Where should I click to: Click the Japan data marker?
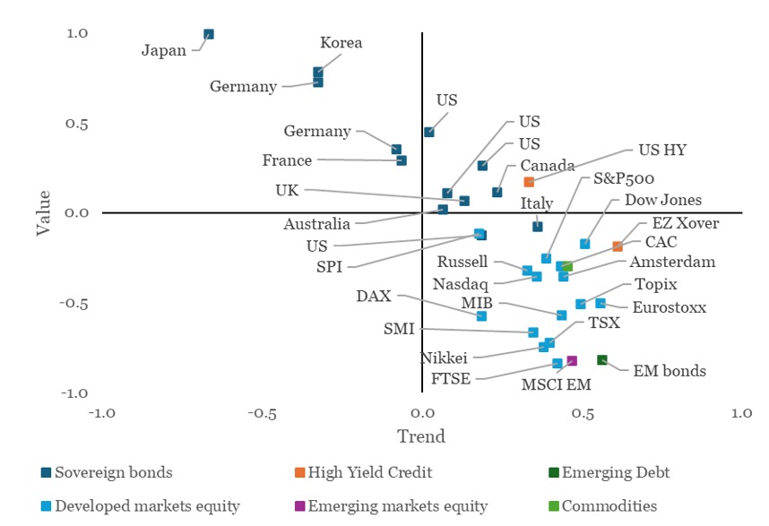click(x=209, y=35)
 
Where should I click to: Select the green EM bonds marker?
click(x=602, y=360)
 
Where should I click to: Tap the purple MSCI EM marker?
click(x=572, y=361)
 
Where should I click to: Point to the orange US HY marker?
click(x=529, y=182)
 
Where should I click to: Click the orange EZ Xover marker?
click(x=618, y=246)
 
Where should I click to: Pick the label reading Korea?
click(x=341, y=43)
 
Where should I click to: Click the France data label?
click(x=287, y=161)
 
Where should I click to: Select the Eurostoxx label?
click(x=669, y=307)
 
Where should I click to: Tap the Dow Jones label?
click(x=662, y=200)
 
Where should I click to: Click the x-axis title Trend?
click(x=421, y=437)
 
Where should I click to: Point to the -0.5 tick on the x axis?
click(x=261, y=414)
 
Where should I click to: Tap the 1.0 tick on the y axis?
click(x=76, y=33)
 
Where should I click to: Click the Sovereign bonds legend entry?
click(x=113, y=472)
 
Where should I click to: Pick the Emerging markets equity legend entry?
click(x=397, y=506)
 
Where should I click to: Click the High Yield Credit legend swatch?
click(x=299, y=472)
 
